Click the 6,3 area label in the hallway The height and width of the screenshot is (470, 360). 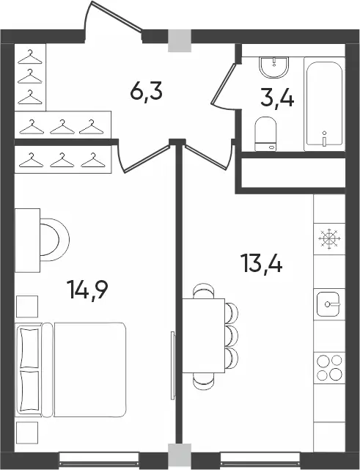coord(147,92)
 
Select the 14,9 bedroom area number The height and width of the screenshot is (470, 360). coord(87,289)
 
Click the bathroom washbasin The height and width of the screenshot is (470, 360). coord(274,67)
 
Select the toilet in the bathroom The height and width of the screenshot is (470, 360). coord(265,134)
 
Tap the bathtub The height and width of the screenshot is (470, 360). coord(324,104)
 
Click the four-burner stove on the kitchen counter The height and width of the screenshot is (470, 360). coord(329,367)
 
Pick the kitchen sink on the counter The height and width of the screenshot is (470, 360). coord(328,304)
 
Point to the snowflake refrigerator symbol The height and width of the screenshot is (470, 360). coord(329,238)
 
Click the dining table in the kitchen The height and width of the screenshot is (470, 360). coord(204,336)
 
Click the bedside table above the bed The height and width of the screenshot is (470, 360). coord(27,306)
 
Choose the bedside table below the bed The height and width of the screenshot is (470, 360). coord(27,433)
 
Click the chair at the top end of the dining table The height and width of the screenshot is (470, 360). coord(204,290)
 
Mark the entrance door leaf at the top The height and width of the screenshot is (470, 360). coord(117,16)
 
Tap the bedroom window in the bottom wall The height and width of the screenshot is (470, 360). coord(99,457)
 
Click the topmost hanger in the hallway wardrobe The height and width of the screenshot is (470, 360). coord(30,57)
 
